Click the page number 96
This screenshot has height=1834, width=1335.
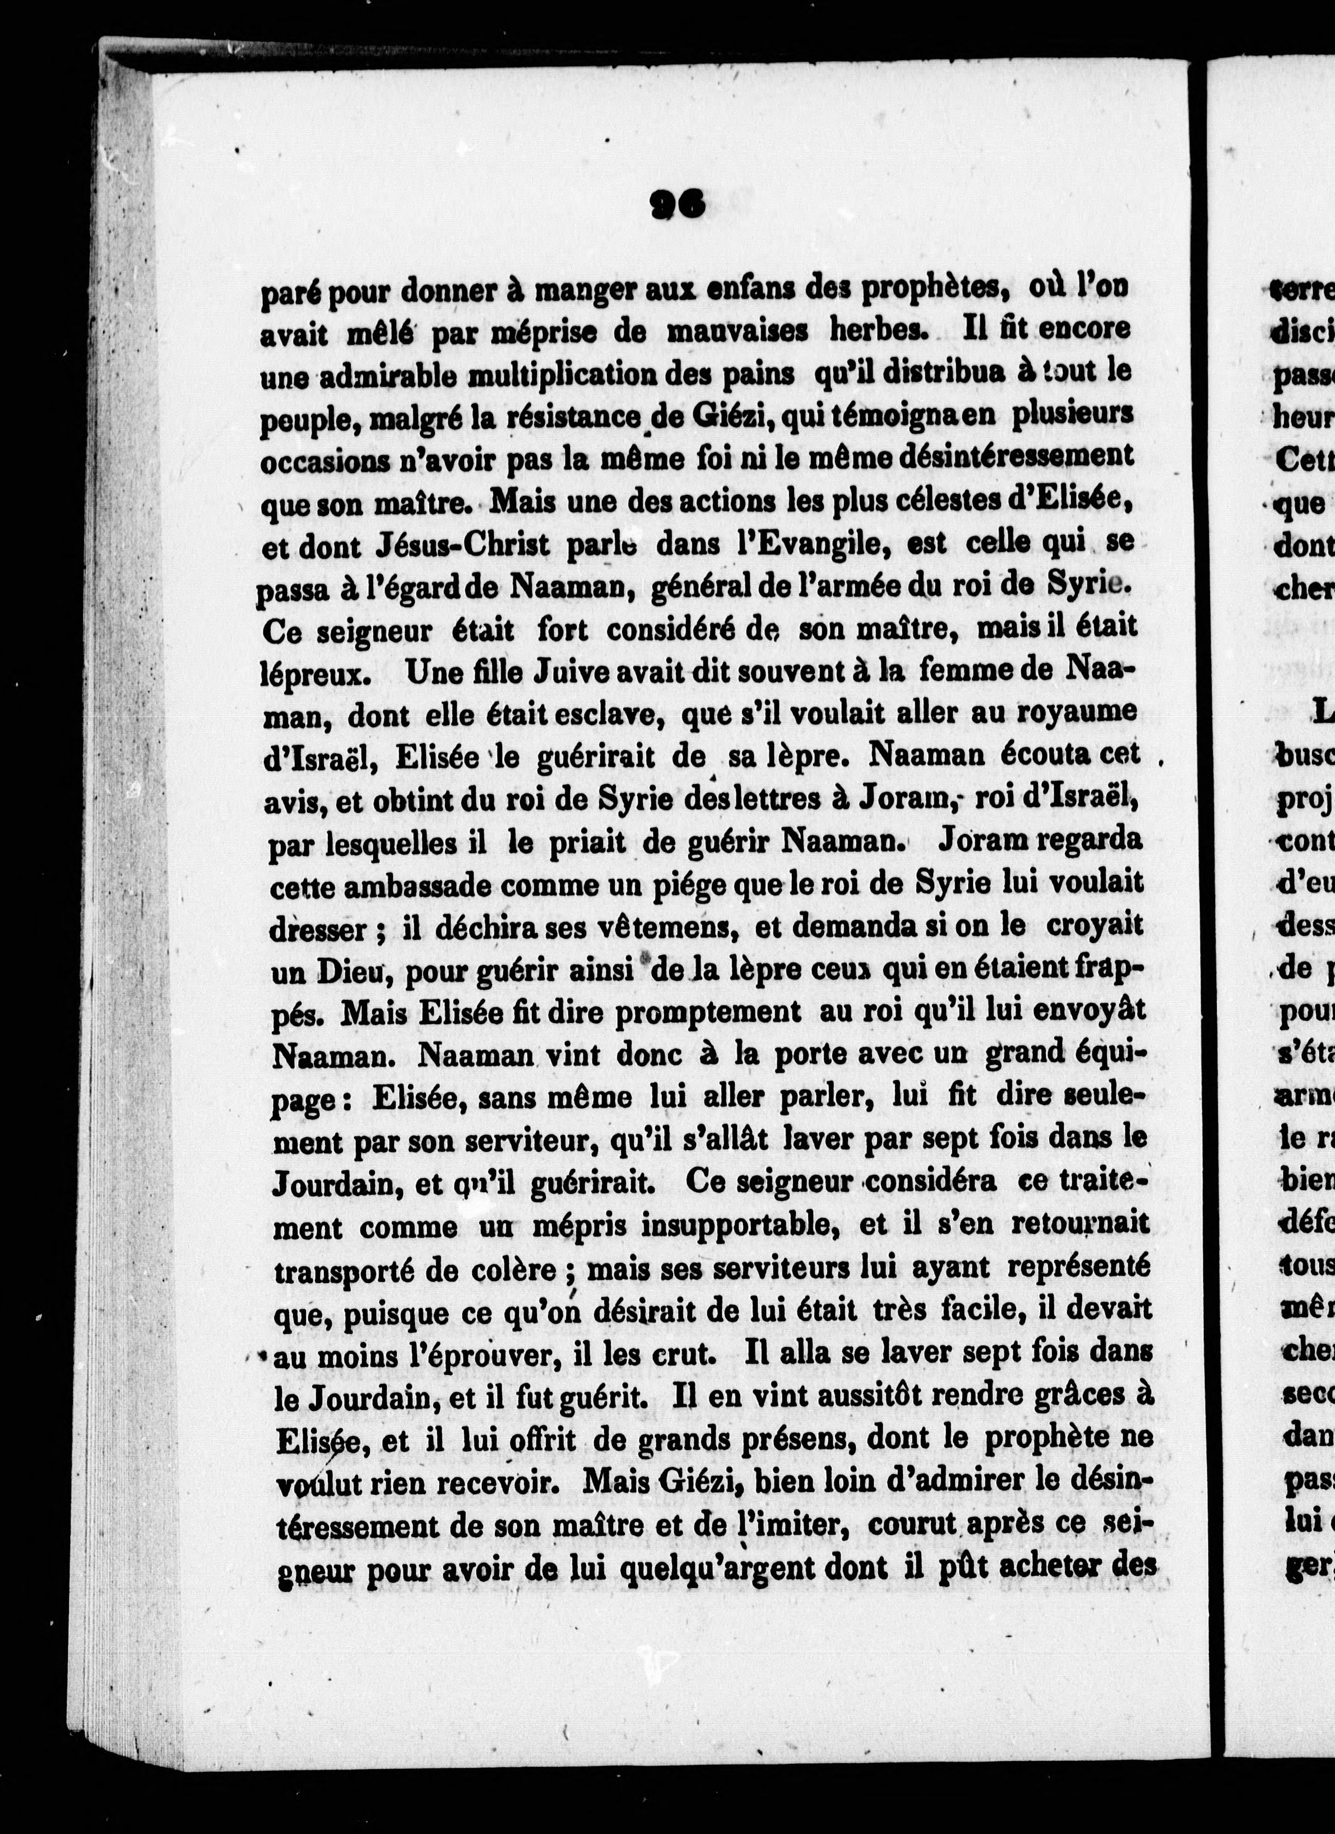click(x=677, y=205)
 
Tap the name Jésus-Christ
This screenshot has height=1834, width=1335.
click(x=462, y=546)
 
